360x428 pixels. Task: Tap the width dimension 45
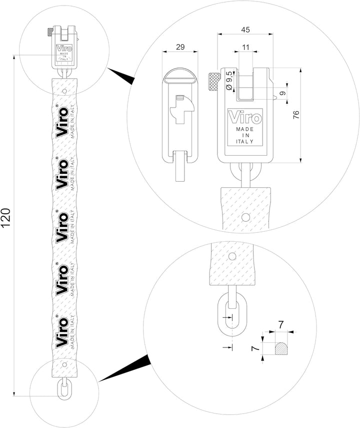pos(245,30)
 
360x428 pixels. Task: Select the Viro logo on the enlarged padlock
pos(244,118)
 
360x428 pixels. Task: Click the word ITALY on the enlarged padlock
pos(244,142)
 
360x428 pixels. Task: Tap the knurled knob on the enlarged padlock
pos(213,81)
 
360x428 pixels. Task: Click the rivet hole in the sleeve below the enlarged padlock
pos(245,218)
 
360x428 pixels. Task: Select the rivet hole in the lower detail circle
pos(231,257)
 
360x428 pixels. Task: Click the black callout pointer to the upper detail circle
pos(122,76)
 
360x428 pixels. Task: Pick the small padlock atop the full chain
pos(63,50)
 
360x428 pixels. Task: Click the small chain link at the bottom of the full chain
pos(63,389)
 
